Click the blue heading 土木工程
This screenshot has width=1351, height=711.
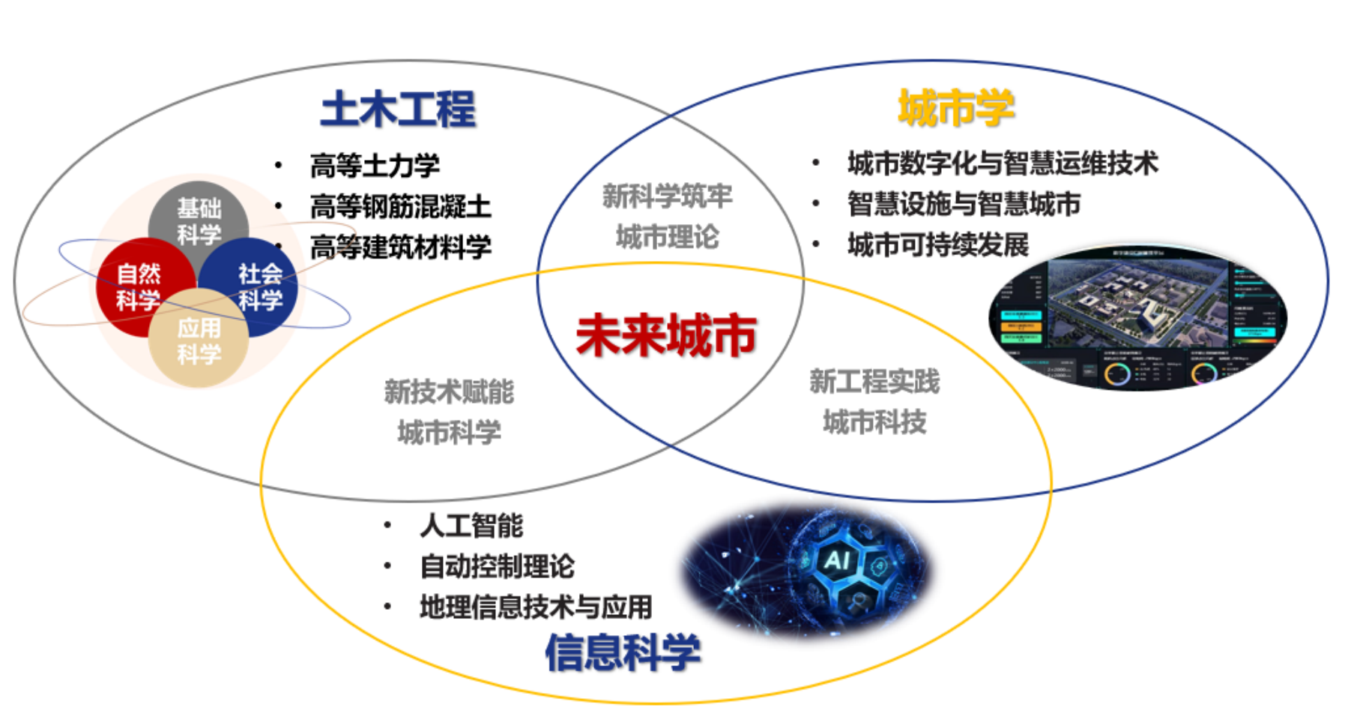click(398, 109)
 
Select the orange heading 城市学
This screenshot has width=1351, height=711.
click(956, 107)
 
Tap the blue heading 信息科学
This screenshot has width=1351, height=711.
click(623, 652)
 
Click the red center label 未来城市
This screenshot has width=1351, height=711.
click(666, 335)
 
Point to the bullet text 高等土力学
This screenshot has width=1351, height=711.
click(375, 166)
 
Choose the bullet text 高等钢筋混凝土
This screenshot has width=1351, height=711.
click(400, 206)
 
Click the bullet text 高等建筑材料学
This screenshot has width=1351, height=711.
click(400, 247)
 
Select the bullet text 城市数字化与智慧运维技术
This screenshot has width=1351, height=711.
click(1003, 163)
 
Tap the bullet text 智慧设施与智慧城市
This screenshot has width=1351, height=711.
click(964, 204)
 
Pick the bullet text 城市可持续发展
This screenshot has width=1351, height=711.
click(938, 244)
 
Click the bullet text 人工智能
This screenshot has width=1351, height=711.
click(471, 525)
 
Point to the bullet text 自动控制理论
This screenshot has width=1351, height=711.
click(497, 566)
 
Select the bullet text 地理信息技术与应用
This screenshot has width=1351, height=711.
click(536, 607)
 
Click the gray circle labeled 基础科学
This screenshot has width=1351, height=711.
click(199, 217)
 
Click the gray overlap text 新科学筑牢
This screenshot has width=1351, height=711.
click(667, 196)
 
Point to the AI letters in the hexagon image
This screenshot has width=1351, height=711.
click(836, 559)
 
